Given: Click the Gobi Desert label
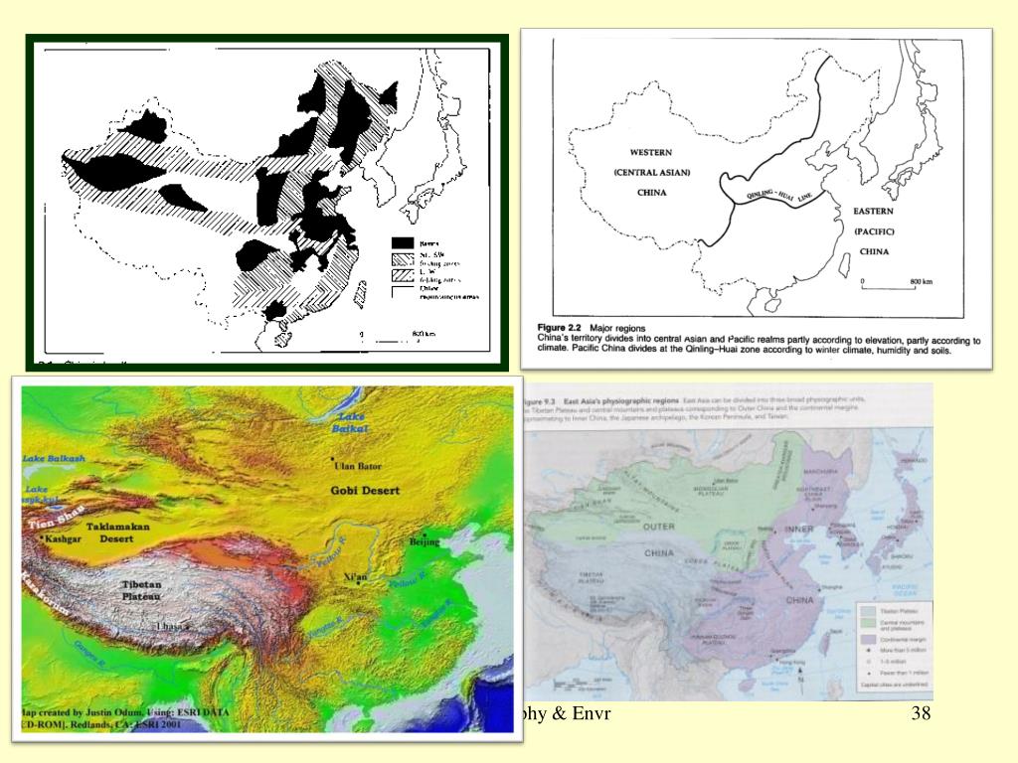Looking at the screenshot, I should (366, 491).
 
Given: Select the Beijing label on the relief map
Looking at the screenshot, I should (424, 542).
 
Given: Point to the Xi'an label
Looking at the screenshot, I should (356, 576).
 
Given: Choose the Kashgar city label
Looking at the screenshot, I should (59, 537).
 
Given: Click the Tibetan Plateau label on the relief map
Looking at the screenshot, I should (140, 590).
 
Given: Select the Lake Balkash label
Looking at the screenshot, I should (56, 459).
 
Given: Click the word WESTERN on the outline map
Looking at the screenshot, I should (651, 152).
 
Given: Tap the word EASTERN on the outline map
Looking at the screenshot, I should (874, 212).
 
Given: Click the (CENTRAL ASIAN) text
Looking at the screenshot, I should (651, 172).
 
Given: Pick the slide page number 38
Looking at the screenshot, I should (920, 714).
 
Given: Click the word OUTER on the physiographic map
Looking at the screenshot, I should (658, 526).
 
